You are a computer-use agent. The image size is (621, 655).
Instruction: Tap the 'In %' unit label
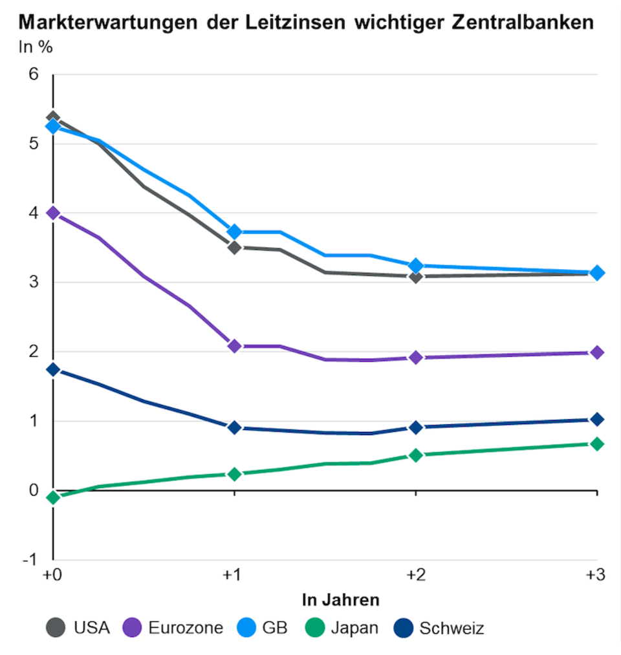tap(36, 47)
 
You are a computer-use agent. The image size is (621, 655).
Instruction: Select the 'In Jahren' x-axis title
tap(340, 599)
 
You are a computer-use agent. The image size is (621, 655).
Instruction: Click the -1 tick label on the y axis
tap(30, 559)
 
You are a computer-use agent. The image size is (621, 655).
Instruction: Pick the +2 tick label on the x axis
tap(415, 576)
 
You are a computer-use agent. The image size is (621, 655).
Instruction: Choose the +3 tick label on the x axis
tap(595, 576)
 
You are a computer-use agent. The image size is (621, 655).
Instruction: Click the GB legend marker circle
tap(254, 627)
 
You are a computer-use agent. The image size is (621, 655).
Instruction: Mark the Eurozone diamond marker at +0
tap(53, 213)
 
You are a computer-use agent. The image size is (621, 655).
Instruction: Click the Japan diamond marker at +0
tap(53, 497)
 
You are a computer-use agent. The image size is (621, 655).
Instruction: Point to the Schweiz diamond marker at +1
tap(234, 427)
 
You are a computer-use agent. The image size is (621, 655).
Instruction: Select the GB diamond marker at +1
tap(234, 231)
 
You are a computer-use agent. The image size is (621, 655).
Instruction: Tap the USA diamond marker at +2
tap(415, 277)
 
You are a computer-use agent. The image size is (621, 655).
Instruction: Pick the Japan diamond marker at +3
tap(596, 444)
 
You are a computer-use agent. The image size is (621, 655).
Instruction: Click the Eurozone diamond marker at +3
tap(596, 352)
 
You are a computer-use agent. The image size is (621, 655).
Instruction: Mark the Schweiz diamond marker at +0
tap(53, 369)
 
